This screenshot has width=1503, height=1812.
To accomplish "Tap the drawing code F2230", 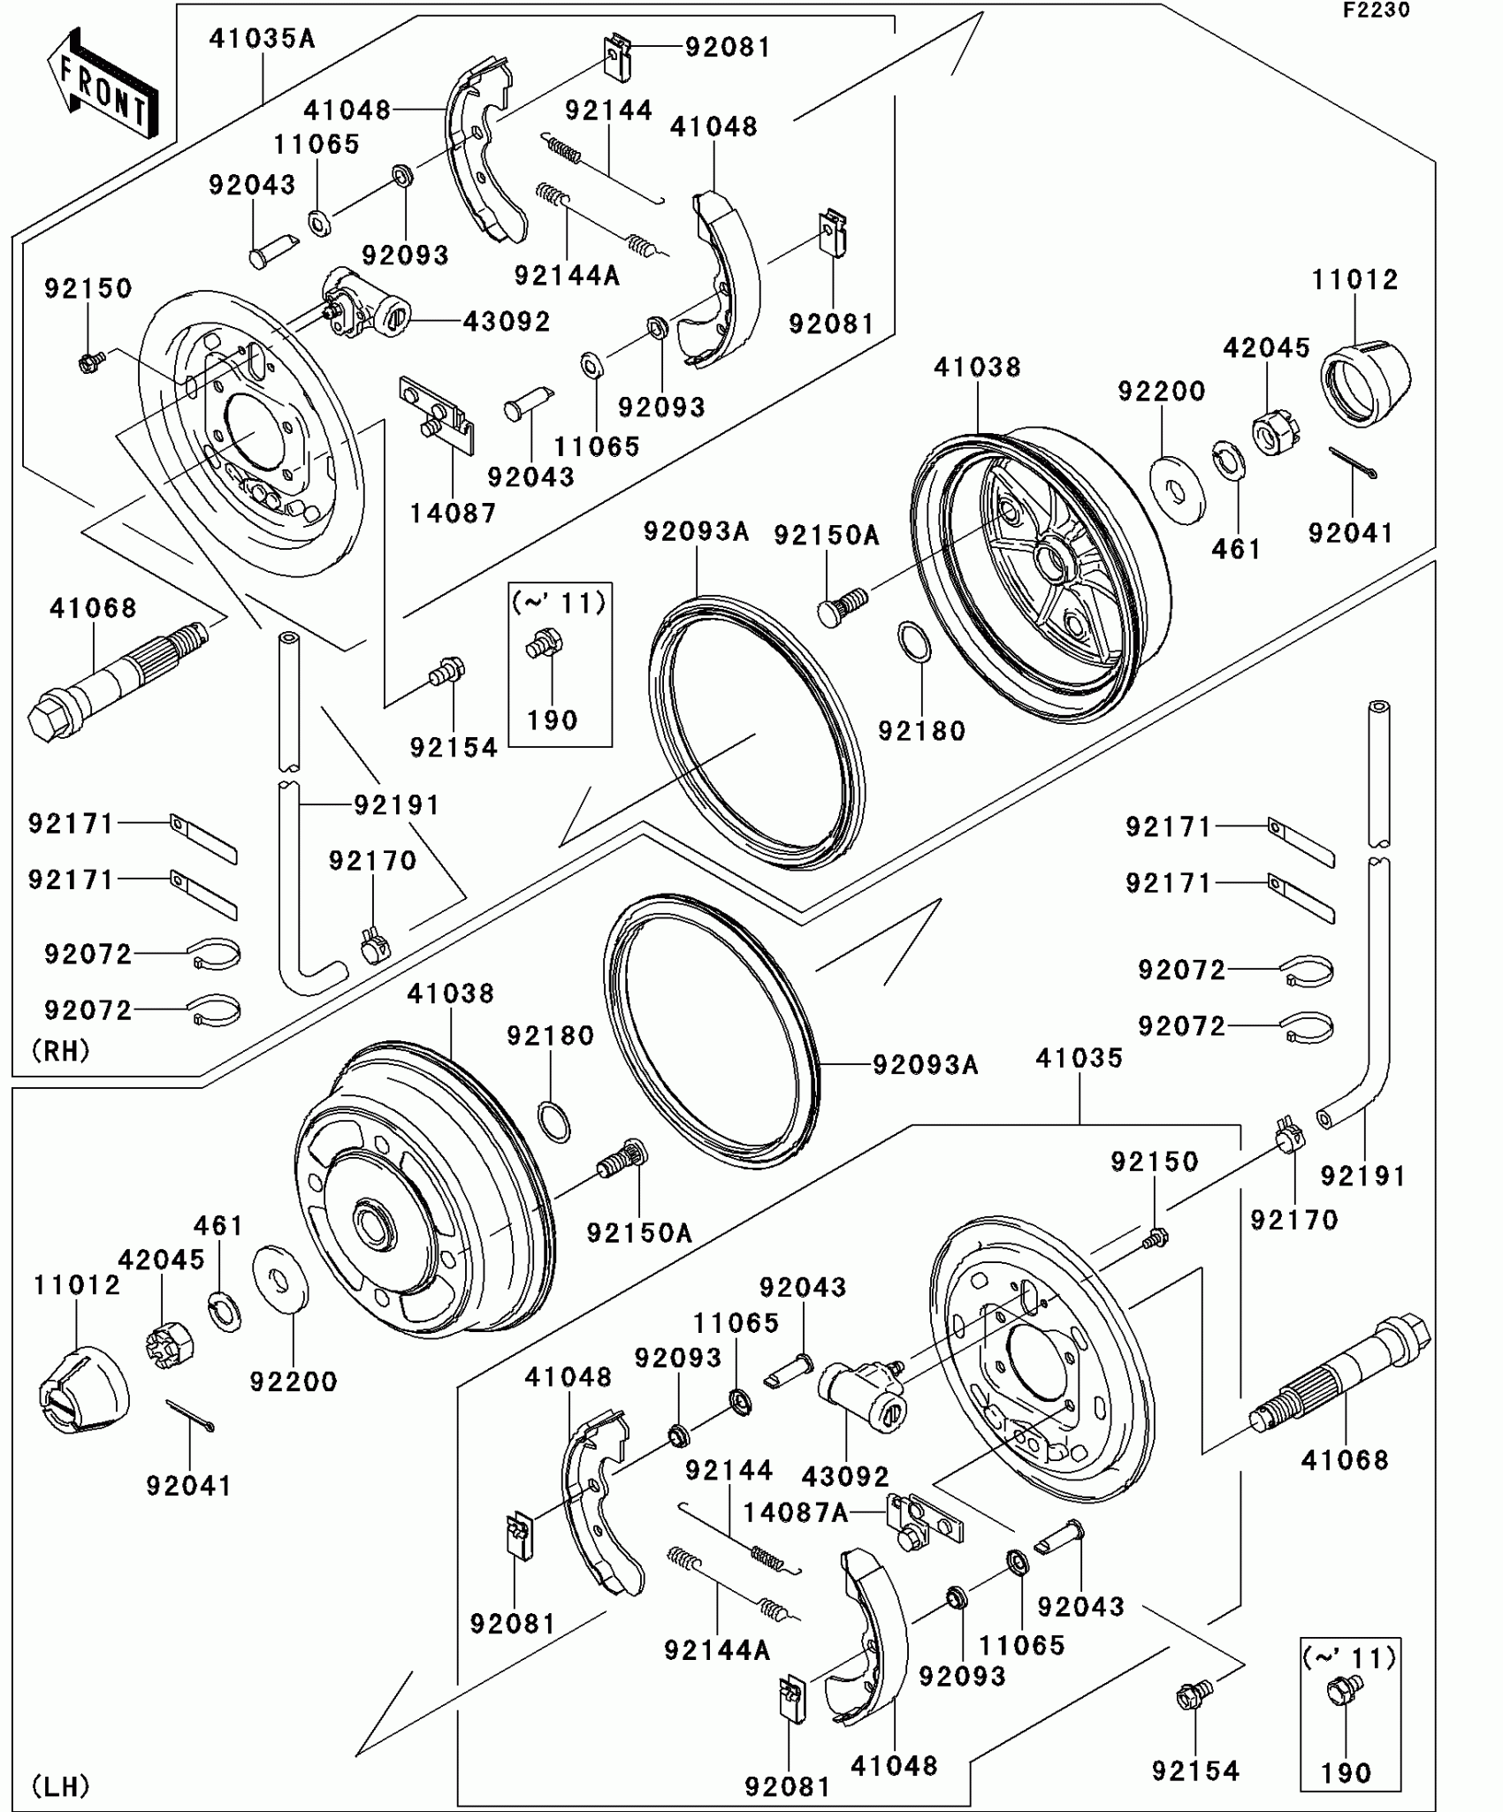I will (x=1376, y=11).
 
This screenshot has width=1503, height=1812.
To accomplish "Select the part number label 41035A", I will (x=262, y=39).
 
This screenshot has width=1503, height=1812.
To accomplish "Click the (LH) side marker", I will (x=60, y=1786).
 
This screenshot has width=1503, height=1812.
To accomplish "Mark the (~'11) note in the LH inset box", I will (x=1349, y=1657).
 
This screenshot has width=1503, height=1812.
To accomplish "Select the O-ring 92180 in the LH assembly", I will (x=553, y=1122).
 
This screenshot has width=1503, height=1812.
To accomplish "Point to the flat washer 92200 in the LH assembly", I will (x=280, y=1277).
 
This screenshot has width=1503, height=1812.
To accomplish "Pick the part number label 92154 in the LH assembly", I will (x=1195, y=1770).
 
